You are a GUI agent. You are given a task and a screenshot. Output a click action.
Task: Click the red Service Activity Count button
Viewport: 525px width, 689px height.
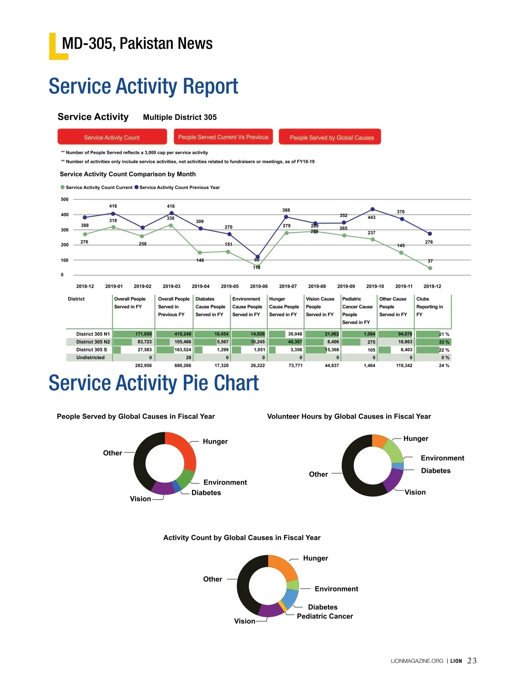112,137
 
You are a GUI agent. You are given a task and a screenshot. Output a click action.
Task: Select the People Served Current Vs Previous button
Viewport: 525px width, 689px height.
223,137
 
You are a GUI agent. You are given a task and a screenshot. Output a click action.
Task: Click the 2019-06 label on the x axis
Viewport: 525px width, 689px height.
259,287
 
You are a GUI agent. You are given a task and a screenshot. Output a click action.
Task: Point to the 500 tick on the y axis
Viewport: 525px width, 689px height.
65,199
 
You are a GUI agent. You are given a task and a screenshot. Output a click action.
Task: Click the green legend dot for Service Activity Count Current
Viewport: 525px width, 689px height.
63,187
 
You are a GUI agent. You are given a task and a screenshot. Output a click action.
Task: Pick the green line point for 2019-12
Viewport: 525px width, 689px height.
430,268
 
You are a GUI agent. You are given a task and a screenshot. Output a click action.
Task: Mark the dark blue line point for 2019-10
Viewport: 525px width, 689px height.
373,209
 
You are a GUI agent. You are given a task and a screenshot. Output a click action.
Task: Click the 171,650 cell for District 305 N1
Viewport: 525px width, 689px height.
143,334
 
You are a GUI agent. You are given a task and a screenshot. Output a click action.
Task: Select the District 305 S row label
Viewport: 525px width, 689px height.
91,350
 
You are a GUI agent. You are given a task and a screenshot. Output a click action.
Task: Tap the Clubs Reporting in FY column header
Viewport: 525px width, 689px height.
429,307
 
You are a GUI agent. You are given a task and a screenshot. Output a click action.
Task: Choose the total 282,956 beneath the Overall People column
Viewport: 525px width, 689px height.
143,366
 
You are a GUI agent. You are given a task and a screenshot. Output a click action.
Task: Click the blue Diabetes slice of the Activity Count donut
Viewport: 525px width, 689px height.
290,597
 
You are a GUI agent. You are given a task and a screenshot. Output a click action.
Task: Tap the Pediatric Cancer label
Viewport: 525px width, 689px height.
325,616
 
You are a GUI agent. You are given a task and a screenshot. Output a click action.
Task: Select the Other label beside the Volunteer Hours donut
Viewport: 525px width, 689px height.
318,474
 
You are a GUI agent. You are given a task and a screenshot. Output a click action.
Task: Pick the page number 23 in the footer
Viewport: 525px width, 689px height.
472,661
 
